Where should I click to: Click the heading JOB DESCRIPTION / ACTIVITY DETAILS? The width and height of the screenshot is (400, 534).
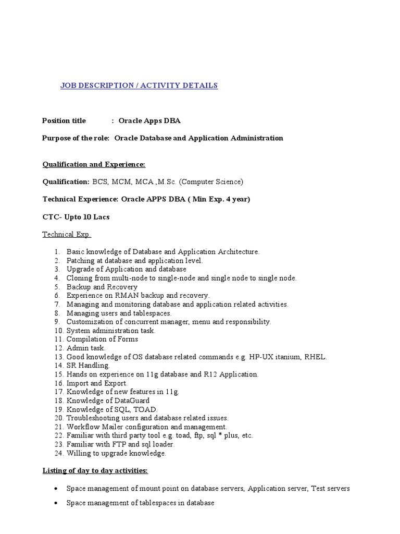point(139,86)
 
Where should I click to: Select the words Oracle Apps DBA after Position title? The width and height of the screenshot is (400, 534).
point(149,120)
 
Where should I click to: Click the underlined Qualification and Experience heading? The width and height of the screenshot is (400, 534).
point(94,164)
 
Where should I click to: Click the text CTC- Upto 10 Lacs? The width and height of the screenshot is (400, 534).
point(76,217)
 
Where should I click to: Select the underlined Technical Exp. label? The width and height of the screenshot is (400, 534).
point(67,234)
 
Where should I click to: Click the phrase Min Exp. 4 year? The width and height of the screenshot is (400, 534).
point(220,199)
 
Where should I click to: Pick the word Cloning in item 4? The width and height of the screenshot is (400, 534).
point(79,278)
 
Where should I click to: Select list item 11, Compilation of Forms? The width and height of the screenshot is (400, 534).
point(102,339)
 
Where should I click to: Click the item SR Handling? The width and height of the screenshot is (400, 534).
point(88,366)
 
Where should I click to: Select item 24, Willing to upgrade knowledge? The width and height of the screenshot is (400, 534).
point(116,453)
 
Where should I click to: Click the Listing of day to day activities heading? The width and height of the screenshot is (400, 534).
point(95,471)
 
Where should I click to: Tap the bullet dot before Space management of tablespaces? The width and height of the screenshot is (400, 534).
point(56,504)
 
